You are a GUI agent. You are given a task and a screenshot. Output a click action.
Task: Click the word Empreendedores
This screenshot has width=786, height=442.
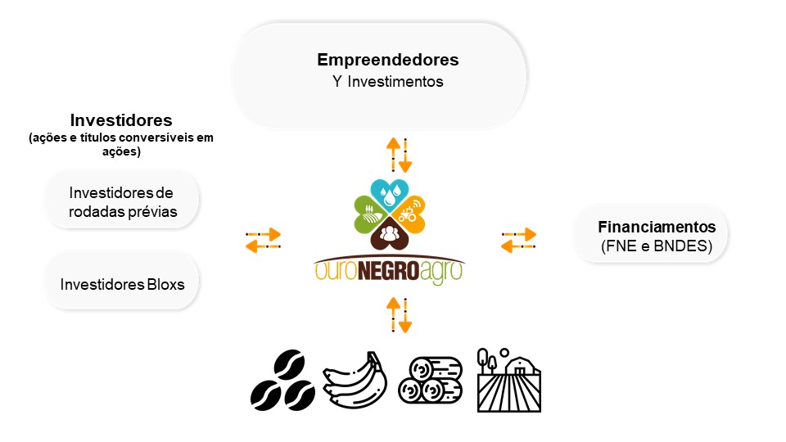pos(387,60)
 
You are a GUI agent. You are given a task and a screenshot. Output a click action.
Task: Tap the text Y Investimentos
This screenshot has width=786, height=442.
pos(387,81)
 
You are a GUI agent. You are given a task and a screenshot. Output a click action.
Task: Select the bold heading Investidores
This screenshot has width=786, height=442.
pos(121,120)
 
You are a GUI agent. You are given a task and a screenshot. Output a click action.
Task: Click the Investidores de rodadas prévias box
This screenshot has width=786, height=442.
pos(122,200)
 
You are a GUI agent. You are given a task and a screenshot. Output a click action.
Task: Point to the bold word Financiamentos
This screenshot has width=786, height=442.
pos(657,227)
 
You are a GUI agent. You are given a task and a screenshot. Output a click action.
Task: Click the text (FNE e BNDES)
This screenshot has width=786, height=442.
pos(657,246)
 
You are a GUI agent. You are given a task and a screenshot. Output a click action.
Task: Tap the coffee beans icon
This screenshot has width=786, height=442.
pos(282,381)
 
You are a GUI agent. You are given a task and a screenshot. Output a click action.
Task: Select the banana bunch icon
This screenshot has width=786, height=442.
pos(355,380)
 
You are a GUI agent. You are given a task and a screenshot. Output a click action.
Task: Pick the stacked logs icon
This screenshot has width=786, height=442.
pos(430,381)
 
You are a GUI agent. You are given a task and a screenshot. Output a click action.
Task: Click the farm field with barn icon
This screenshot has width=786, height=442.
pos(508,381)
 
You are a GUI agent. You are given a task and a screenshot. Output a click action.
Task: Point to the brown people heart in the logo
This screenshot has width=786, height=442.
pos(390,233)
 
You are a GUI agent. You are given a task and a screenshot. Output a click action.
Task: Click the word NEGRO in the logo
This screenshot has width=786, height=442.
pos(388,271)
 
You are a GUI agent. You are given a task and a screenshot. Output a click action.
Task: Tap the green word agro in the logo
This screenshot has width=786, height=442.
pos(441,272)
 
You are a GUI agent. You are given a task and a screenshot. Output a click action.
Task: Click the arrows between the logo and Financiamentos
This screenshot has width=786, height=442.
pos(519,240)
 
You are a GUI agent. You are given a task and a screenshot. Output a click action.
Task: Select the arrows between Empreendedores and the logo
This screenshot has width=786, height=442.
pos(399,155)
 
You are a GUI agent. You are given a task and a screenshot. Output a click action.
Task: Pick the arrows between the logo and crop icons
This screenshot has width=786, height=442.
pos(399,315)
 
